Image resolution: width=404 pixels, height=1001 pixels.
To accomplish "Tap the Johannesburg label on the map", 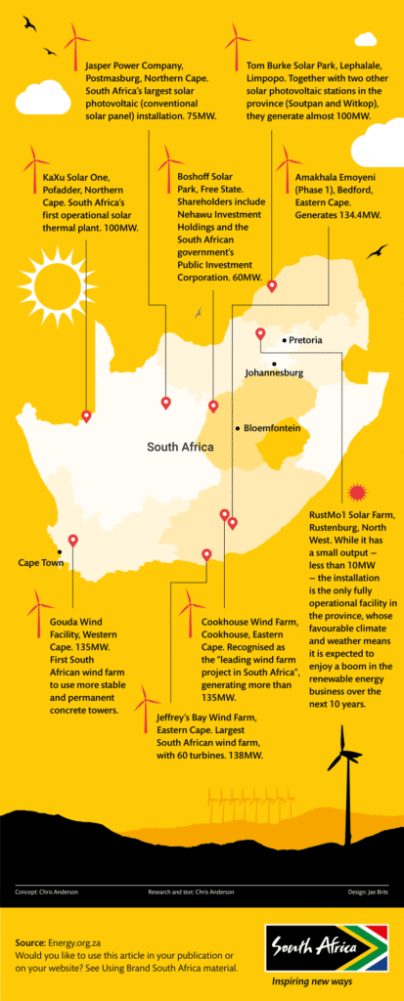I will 274,372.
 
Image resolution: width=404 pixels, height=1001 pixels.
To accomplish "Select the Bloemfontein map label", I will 271,428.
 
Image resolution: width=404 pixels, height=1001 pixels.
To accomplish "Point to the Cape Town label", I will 41,562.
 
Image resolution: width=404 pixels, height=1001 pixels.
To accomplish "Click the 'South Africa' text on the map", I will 180,447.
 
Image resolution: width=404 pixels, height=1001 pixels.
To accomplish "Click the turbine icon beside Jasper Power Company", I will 76,44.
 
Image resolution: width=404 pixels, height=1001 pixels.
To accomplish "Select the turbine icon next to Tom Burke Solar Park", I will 237,44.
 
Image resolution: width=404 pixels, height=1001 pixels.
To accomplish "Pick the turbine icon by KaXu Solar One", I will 36,166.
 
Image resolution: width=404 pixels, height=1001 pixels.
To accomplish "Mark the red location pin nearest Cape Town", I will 73,541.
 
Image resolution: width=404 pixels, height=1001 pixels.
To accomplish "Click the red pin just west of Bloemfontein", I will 213,406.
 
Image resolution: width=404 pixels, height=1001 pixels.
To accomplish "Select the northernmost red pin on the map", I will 272,286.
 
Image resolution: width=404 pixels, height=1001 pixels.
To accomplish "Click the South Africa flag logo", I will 327,948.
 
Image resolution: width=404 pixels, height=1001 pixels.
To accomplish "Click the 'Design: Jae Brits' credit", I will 364,892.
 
